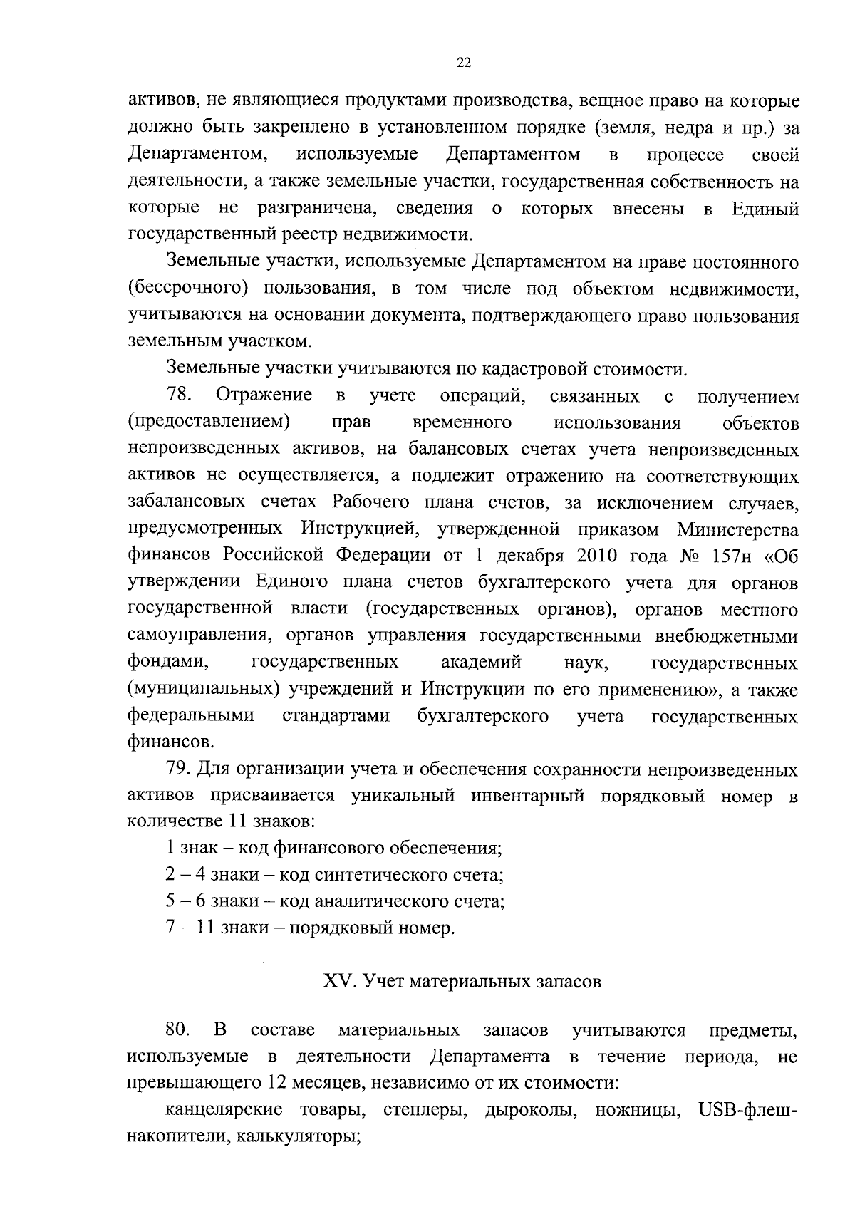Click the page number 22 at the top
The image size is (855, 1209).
(463, 63)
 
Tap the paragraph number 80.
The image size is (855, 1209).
(178, 1029)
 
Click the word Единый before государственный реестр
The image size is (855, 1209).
(765, 209)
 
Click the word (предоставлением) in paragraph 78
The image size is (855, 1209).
(209, 422)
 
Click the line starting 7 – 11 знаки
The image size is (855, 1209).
(310, 928)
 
